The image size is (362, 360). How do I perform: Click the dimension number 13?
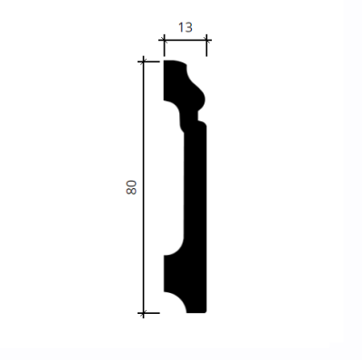pyautogui.click(x=185, y=27)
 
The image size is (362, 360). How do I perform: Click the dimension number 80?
pyautogui.click(x=131, y=187)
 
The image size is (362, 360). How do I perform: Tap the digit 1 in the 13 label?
pyautogui.click(x=181, y=27)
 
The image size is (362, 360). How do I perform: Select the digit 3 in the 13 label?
pyautogui.click(x=188, y=27)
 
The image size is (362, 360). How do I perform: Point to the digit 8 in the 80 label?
pyautogui.click(x=131, y=191)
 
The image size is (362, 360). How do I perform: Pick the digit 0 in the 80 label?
pyautogui.click(x=131, y=184)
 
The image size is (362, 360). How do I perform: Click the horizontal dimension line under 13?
pyautogui.click(x=186, y=40)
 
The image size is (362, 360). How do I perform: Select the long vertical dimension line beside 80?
pyautogui.click(x=143, y=187)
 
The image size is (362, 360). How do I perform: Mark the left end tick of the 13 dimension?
pyautogui.click(x=164, y=40)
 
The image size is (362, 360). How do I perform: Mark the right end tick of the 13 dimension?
pyautogui.click(x=206, y=40)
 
